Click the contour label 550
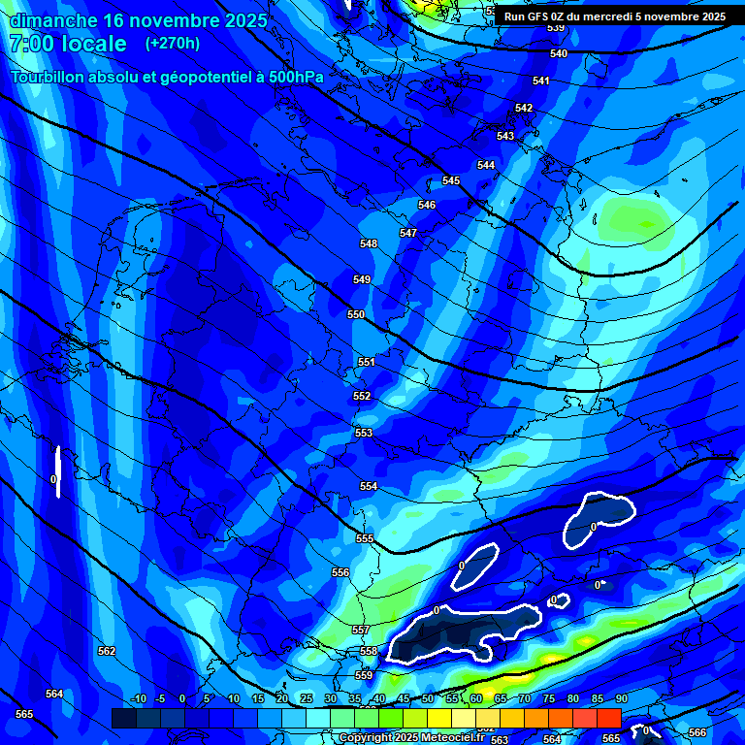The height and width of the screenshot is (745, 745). (x=356, y=314)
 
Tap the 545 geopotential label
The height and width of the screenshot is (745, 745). (x=451, y=181)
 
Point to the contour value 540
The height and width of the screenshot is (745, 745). (x=559, y=53)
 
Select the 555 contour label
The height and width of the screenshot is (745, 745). (x=365, y=538)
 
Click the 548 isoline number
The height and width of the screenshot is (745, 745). (x=369, y=243)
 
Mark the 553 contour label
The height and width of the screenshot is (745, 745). (x=364, y=433)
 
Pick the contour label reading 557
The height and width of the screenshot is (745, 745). (x=361, y=630)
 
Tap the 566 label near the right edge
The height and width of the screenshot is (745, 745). (x=697, y=732)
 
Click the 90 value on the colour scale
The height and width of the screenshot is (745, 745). (x=621, y=699)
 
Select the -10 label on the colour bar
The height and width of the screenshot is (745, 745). (x=138, y=699)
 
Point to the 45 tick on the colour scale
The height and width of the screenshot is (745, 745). (x=403, y=699)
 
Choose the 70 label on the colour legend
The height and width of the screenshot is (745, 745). (x=524, y=699)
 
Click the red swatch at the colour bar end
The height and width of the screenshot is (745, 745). (x=608, y=718)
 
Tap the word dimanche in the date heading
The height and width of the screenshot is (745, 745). (x=53, y=19)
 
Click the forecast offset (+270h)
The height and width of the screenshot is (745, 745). (x=173, y=44)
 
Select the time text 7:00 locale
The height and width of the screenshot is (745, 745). (x=67, y=44)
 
